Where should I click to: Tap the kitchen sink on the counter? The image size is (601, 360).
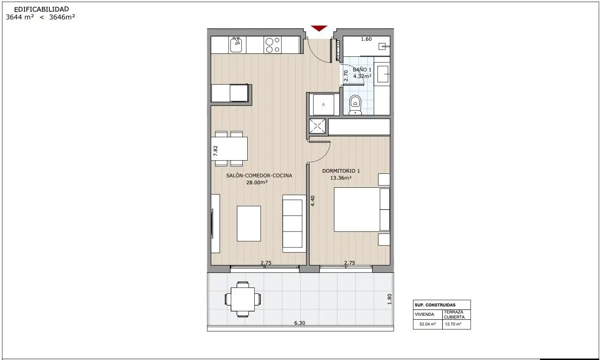point(237,45)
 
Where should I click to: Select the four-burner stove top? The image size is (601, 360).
point(273,45)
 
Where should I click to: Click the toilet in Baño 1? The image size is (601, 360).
point(355,105)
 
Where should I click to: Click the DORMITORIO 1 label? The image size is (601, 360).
point(341,171)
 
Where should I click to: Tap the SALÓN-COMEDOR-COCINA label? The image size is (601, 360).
point(259,176)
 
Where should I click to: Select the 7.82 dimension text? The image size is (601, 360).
point(215,151)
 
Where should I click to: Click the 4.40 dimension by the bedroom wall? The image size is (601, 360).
point(313,201)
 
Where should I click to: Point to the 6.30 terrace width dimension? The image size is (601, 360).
point(300,323)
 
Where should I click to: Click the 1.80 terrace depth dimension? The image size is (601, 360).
point(389,299)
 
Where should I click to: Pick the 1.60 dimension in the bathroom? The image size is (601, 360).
point(366,39)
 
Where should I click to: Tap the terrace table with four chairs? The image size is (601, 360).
point(243,299)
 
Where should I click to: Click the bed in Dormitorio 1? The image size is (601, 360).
point(362,209)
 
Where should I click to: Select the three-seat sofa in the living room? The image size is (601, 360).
point(294,223)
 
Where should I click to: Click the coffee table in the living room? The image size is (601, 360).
point(249,223)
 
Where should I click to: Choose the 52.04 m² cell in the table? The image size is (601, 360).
point(428,324)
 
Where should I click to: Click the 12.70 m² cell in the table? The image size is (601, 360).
point(453,324)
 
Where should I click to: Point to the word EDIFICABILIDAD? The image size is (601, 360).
point(42,9)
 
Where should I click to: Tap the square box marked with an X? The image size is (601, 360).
point(317,126)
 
